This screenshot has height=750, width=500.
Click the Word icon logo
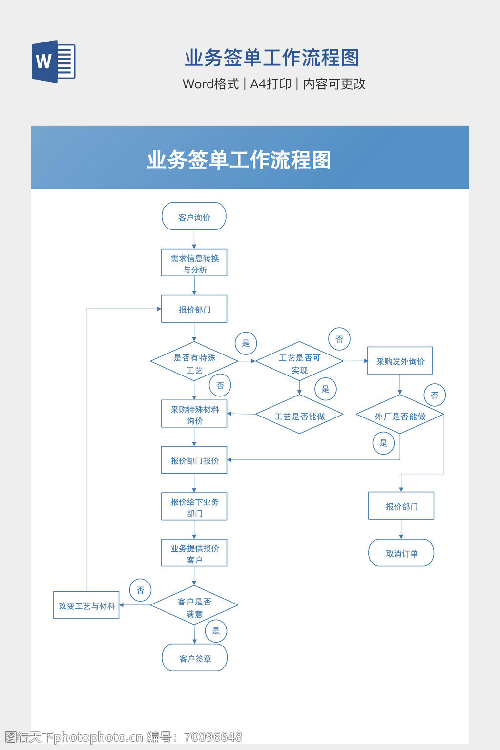53,62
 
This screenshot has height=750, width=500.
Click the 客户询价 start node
194,217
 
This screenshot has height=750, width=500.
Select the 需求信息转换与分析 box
194,263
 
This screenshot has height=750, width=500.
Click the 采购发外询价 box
400,361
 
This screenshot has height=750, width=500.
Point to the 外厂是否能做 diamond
400,416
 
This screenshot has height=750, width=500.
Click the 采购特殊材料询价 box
194,414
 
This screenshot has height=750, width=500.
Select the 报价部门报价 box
194,460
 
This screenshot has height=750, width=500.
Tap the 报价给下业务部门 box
194,507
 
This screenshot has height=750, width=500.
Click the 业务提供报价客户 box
194,553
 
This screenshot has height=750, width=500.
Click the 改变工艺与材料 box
86,605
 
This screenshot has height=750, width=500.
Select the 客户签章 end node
194,658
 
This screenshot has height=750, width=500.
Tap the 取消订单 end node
401,553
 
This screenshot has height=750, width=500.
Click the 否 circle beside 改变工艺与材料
141,590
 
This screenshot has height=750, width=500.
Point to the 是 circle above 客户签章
216,631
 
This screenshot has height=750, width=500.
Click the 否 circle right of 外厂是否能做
435,396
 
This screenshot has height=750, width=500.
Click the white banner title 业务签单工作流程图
239,160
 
